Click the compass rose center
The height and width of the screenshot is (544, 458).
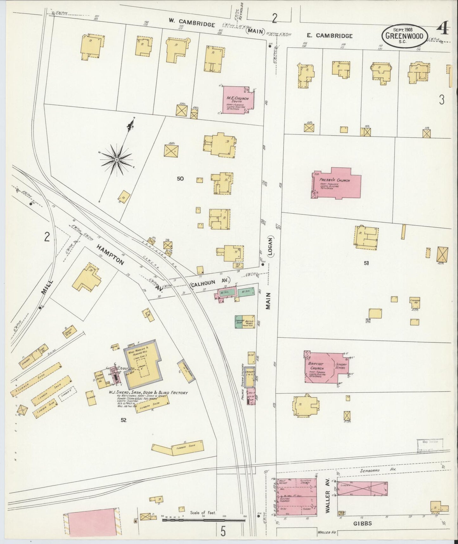[x=117, y=159]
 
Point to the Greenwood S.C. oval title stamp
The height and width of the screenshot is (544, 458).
[x=404, y=36]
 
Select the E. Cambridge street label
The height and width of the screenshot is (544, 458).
[x=330, y=36]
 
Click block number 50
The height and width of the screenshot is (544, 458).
[x=180, y=179]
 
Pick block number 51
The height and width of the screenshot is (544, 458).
[x=366, y=263]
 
